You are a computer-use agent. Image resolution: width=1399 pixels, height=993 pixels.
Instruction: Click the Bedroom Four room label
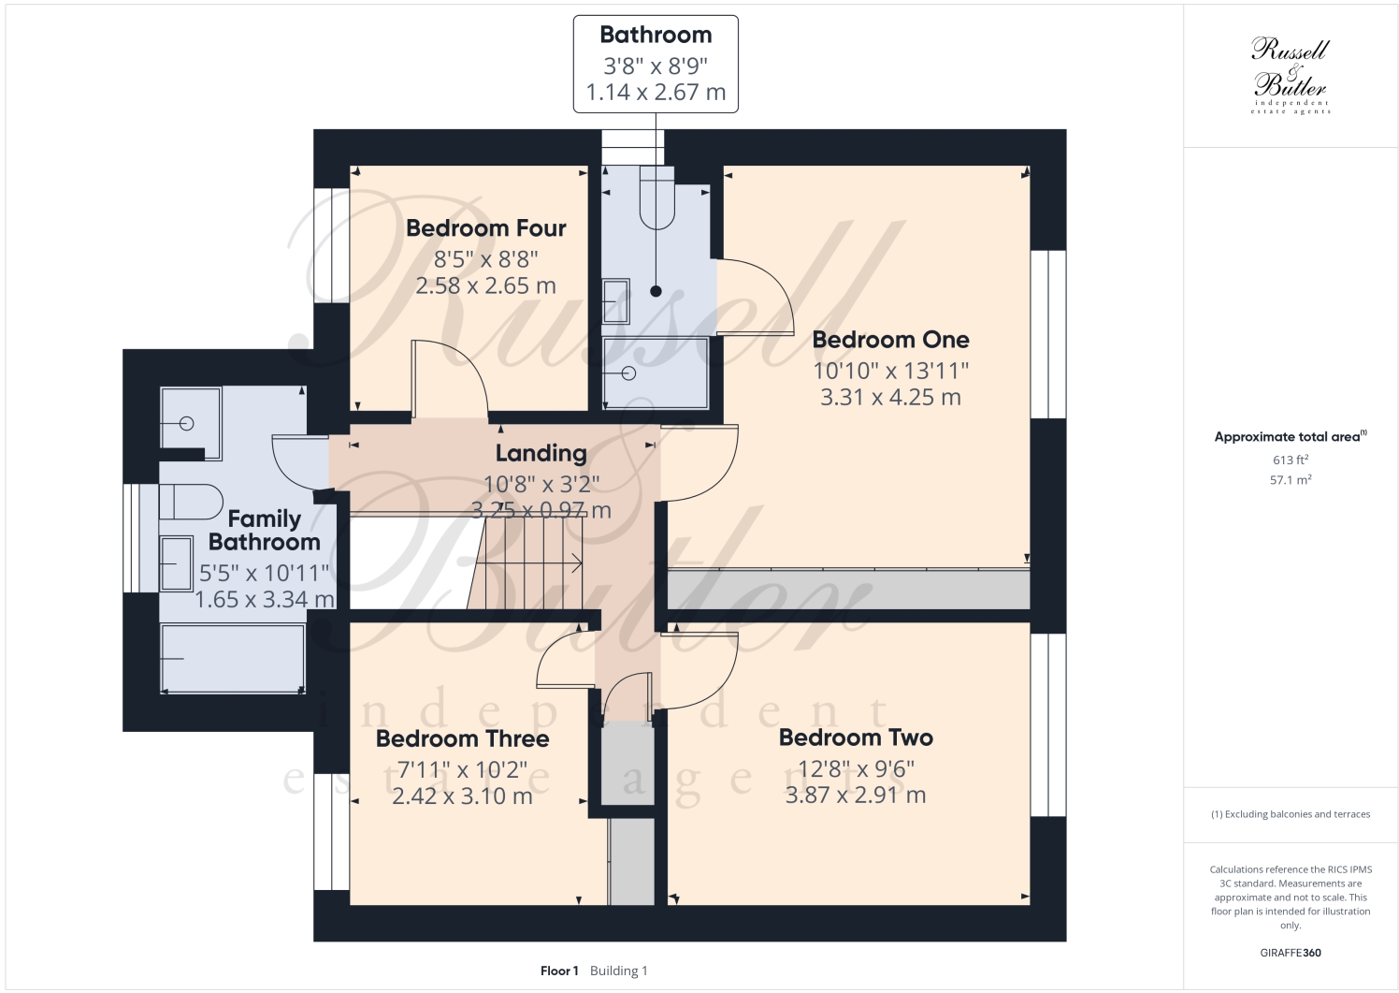coord(485,228)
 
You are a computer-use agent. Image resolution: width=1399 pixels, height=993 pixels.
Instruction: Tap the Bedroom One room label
coord(890,340)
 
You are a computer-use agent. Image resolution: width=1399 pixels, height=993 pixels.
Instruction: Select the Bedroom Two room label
coord(856,737)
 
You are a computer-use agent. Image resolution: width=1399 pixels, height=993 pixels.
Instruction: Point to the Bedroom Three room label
coord(462,738)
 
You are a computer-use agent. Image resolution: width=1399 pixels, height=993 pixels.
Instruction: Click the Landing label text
coord(541,454)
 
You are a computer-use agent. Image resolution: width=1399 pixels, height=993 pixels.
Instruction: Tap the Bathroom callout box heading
coord(656,36)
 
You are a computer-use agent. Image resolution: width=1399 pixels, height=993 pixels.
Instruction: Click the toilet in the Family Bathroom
coord(190,502)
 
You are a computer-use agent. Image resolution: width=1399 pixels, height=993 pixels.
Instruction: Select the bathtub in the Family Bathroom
coord(232,659)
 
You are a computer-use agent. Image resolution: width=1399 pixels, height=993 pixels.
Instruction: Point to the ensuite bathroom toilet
coord(657,197)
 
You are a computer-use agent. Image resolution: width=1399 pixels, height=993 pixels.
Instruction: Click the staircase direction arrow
coord(574,562)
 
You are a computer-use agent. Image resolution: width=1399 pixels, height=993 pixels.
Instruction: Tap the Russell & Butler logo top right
coord(1291,75)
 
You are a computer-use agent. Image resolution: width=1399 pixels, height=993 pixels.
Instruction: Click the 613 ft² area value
coord(1291,460)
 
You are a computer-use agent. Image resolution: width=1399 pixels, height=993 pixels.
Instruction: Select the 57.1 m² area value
coord(1291,480)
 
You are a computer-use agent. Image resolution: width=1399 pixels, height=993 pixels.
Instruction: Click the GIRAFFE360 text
coord(1291,953)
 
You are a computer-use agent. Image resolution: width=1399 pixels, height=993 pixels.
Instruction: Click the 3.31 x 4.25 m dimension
coord(890,398)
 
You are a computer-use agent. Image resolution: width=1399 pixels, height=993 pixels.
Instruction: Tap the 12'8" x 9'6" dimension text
coord(856,768)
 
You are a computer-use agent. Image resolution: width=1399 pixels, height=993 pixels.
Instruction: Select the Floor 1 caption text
coord(559,971)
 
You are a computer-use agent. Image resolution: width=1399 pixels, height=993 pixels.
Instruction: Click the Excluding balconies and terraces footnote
coord(1291,814)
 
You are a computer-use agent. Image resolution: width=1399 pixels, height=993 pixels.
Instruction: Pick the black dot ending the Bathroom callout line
coord(656,290)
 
